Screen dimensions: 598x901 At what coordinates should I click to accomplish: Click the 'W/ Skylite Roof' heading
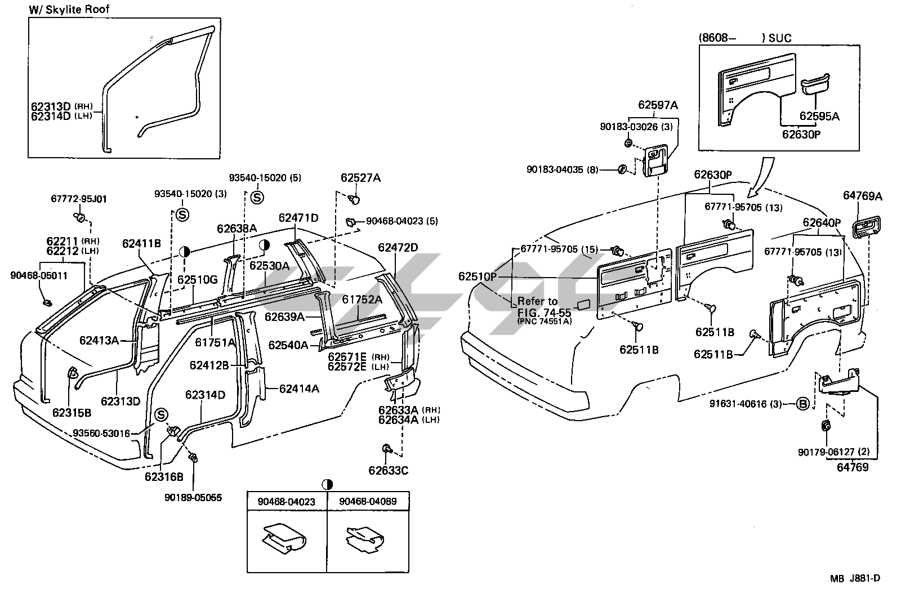pos(69,9)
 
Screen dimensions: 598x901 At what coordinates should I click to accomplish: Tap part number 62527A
pos(360,178)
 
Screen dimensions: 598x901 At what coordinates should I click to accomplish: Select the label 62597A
pos(658,105)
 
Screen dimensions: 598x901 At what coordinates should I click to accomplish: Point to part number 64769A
pos(862,196)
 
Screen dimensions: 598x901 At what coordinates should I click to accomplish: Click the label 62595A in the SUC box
pos(819,117)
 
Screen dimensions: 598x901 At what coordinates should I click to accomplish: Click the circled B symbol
pos(804,403)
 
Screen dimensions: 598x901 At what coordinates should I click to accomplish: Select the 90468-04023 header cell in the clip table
pos(287,501)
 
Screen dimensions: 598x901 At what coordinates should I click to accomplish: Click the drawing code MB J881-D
pos(854,578)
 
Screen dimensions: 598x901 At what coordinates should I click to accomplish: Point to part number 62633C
pos(388,470)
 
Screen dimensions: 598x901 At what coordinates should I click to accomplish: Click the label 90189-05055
pos(193,498)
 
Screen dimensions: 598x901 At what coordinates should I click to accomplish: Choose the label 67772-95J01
pos(79,199)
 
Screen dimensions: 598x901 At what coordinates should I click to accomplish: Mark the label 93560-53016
pos(101,433)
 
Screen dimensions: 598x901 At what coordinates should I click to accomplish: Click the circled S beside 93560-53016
pos(161,415)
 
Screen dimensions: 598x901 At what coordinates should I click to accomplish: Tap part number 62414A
pos(299,388)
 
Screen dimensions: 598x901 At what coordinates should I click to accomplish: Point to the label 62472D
pos(398,247)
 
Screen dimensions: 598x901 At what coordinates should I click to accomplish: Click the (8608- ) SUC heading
pos(744,38)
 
